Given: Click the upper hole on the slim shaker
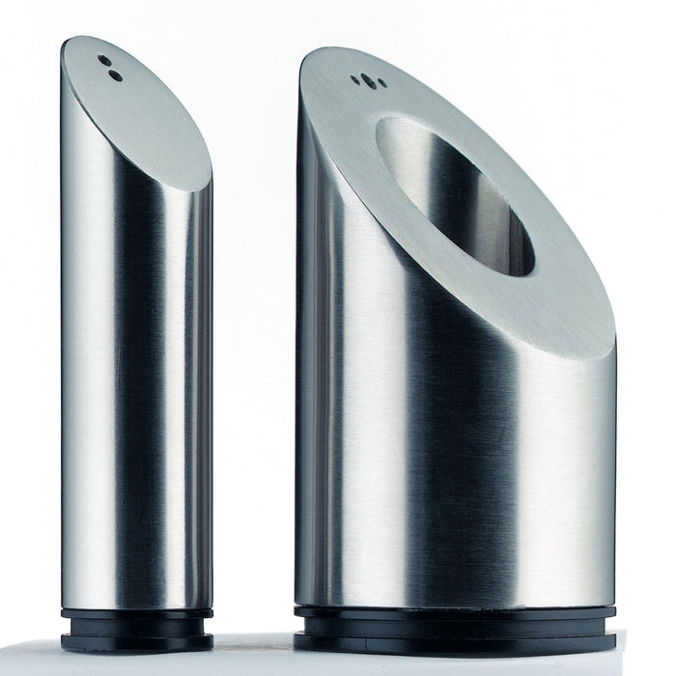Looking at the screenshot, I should point(104,61).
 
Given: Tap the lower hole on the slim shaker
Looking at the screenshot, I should point(115,74).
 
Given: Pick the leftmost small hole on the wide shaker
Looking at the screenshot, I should point(356,81).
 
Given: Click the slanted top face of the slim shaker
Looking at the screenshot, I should point(145,116).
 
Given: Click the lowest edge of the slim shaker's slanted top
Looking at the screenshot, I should point(205,188).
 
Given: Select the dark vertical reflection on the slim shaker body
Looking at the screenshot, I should point(145,386).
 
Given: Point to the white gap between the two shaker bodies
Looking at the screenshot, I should point(253,386).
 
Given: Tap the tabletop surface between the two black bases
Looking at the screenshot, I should point(253,642).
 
